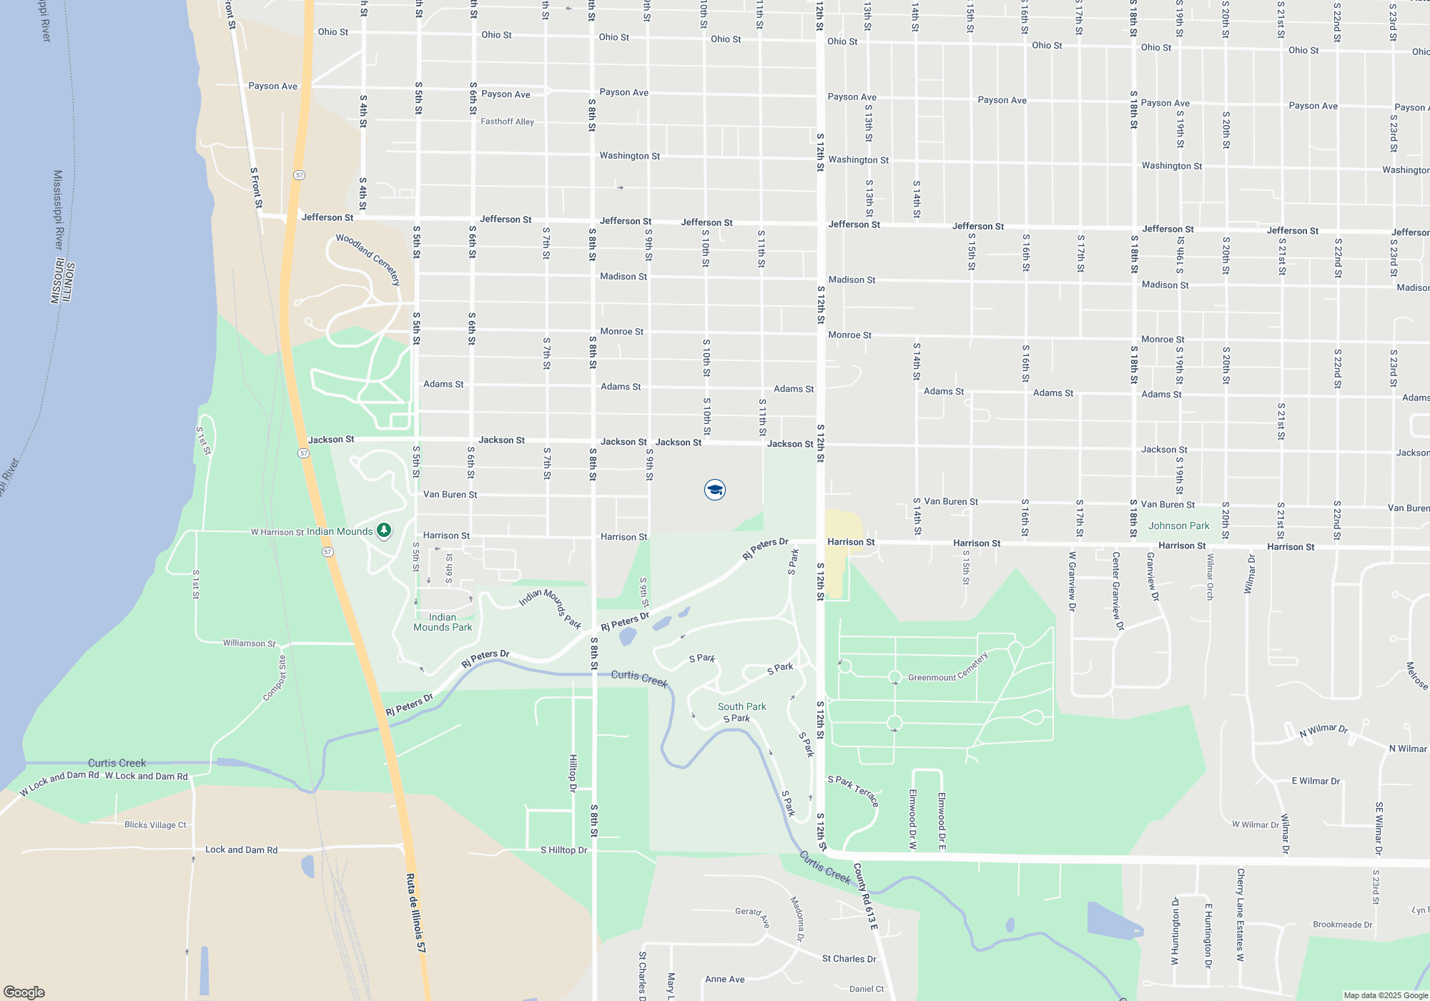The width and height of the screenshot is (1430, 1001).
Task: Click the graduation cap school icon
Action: pos(715,490)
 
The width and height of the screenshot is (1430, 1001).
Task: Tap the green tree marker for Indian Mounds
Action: pos(384,531)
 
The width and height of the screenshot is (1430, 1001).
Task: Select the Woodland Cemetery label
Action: pos(368,259)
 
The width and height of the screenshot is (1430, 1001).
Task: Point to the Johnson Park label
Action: pos(1178,526)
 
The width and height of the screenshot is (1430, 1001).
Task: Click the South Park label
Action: pos(741,706)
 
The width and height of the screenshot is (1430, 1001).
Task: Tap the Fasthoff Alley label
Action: pos(507,122)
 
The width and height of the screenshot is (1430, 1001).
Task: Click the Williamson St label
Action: pos(249,643)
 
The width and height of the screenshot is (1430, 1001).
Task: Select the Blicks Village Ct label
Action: pos(155,824)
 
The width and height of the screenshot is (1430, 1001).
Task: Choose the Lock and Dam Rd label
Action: pos(241,849)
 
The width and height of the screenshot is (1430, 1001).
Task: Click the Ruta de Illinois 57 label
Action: pos(416,913)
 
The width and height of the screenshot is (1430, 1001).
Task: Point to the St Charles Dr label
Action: pos(849,959)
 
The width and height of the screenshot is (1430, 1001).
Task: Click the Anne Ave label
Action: pos(725,979)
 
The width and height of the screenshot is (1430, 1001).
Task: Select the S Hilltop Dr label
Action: pos(563,850)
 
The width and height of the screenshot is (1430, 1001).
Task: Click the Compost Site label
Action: pos(275,679)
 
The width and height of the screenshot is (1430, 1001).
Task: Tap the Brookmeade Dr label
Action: pos(1342,924)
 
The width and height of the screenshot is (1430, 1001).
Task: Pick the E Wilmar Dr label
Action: pos(1316,781)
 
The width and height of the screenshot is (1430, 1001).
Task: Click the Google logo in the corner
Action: pos(24,992)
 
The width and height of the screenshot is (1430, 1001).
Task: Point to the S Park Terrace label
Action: pos(852,790)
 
